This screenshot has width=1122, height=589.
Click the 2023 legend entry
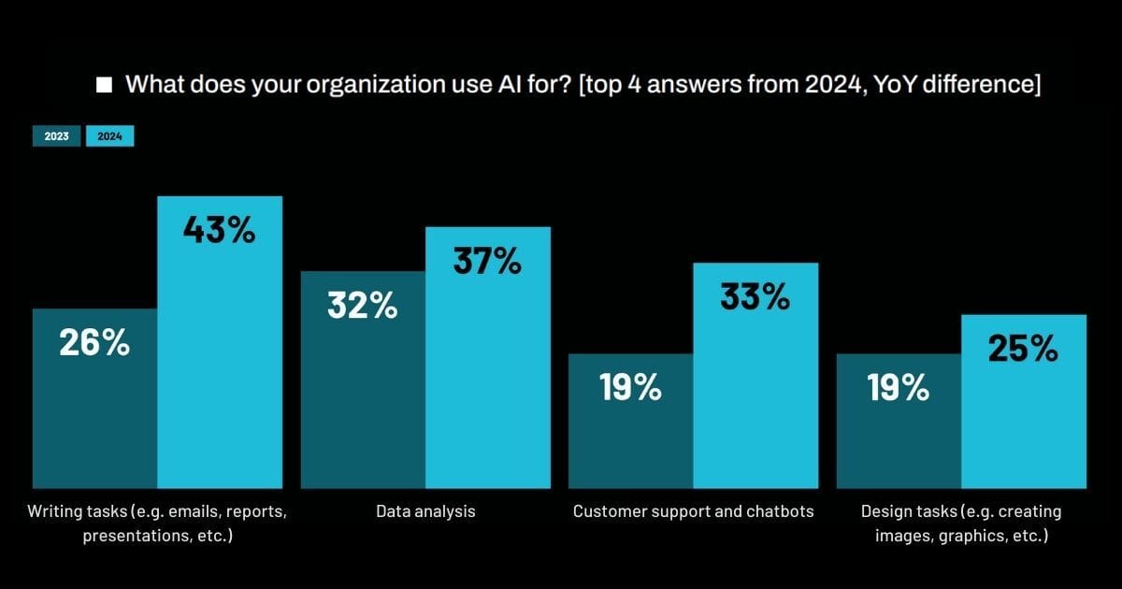click(x=56, y=136)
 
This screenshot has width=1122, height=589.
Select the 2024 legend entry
click(x=110, y=136)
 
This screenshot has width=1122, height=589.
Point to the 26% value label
click(x=93, y=343)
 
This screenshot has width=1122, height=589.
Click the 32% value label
click(x=362, y=305)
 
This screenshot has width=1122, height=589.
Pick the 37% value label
click(x=487, y=261)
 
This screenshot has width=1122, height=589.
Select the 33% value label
click(x=755, y=296)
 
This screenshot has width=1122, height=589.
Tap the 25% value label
click(x=1023, y=349)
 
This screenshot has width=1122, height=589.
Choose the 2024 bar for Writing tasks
click(x=220, y=374)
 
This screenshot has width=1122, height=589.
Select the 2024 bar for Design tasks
click(x=1024, y=421)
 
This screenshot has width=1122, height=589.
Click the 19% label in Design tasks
click(x=899, y=387)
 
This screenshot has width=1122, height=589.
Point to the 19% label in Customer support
click(x=630, y=387)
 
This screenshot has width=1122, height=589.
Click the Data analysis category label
click(x=425, y=511)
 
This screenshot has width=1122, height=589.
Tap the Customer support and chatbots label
click(x=693, y=511)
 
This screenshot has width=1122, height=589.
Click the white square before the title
click(x=105, y=85)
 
